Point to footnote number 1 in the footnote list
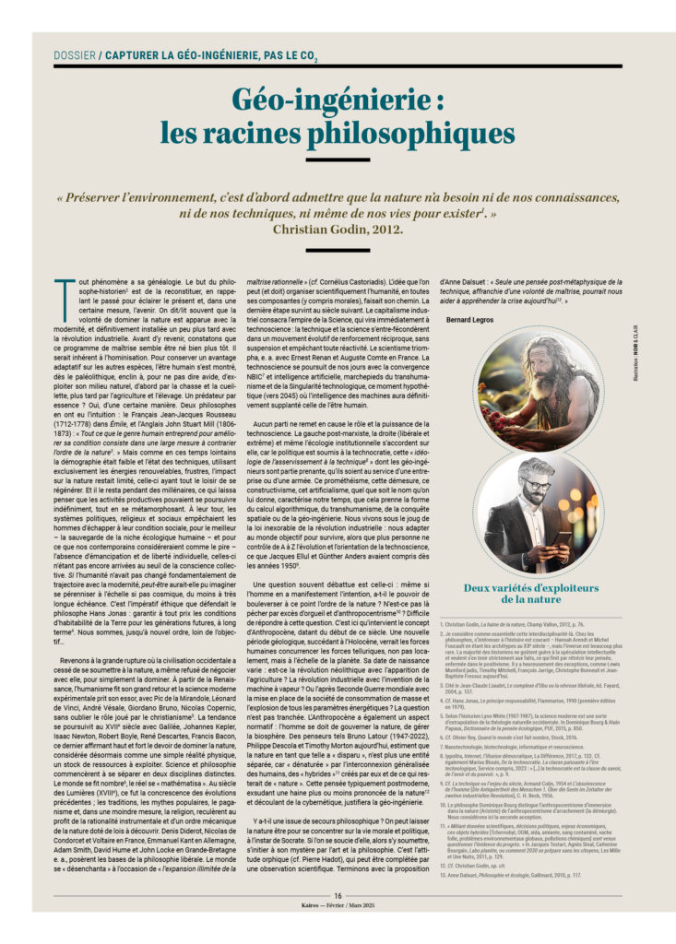click(x=443, y=624)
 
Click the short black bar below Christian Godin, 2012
click(x=338, y=249)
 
